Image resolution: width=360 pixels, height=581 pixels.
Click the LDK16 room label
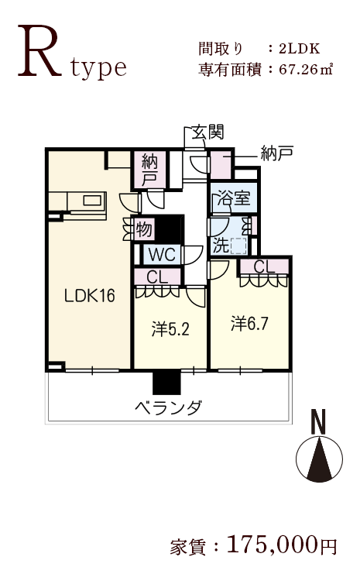click(90, 296)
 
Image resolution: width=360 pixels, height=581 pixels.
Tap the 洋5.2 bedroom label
click(170, 329)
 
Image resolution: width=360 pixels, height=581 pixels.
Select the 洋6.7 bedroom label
click(249, 324)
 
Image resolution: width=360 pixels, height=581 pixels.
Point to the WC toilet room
click(163, 255)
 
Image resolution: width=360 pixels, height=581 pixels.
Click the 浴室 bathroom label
click(233, 198)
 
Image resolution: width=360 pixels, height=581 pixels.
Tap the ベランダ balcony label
click(169, 407)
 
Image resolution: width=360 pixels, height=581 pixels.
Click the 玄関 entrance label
click(207, 132)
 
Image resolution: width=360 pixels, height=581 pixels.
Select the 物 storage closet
click(144, 229)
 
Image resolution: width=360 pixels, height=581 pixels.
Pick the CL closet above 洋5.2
click(157, 277)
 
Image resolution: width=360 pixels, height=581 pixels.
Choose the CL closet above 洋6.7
click(264, 266)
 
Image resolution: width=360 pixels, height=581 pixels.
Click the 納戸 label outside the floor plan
click(277, 153)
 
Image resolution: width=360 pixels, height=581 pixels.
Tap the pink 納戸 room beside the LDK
click(149, 170)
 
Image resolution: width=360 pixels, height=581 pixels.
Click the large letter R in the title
click(39, 51)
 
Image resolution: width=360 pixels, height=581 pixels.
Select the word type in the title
click(99, 68)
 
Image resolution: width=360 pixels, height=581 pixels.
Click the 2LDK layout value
click(300, 49)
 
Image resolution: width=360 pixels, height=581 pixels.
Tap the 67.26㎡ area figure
click(306, 69)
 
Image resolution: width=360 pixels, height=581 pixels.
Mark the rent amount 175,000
click(273, 545)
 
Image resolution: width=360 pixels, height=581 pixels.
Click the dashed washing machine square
click(238, 246)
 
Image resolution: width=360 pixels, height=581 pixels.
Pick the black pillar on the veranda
click(166, 383)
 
